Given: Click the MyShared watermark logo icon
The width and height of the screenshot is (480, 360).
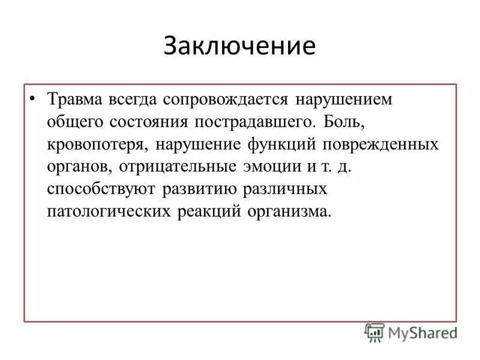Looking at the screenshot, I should [x=375, y=332].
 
